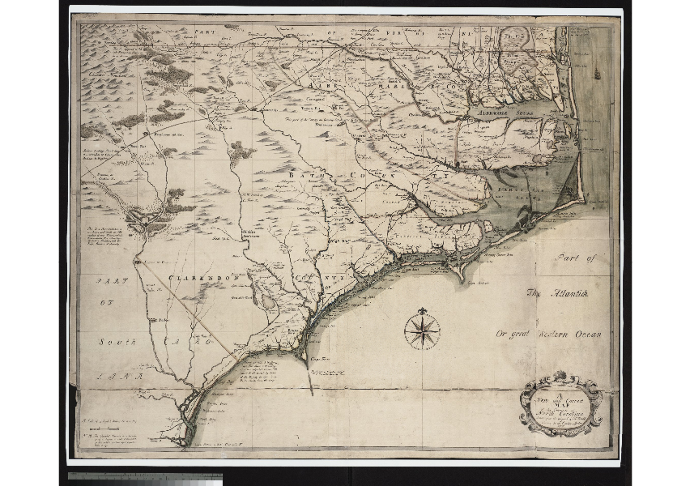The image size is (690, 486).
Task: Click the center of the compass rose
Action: pyautogui.click(x=422, y=330)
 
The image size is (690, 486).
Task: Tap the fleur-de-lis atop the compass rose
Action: pyautogui.click(x=422, y=312)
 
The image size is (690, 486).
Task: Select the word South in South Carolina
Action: pyautogui.click(x=118, y=343)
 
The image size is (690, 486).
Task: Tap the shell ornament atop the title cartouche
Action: pyautogui.click(x=560, y=375)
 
